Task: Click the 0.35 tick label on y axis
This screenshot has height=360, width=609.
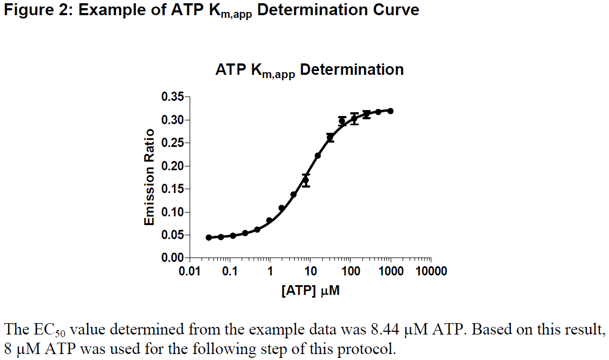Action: pos(172,97)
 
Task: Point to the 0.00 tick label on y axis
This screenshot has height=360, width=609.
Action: pos(172,258)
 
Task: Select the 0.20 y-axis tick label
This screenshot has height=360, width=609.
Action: pos(172,166)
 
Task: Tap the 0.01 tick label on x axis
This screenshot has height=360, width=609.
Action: pos(189,271)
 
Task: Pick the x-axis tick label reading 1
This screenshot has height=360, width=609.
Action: pos(270,271)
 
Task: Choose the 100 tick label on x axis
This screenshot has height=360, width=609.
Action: pos(350,271)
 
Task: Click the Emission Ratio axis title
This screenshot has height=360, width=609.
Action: pos(150,177)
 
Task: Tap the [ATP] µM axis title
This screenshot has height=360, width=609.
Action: pos(310,291)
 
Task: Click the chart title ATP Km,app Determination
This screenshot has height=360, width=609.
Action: pos(309,70)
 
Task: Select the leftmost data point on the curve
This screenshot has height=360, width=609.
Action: pos(209,237)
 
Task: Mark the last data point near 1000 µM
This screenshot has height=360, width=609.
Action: pos(390,111)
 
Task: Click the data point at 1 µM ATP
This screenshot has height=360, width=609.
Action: pos(269,220)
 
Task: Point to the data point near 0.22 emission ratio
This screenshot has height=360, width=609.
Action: pos(318,156)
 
